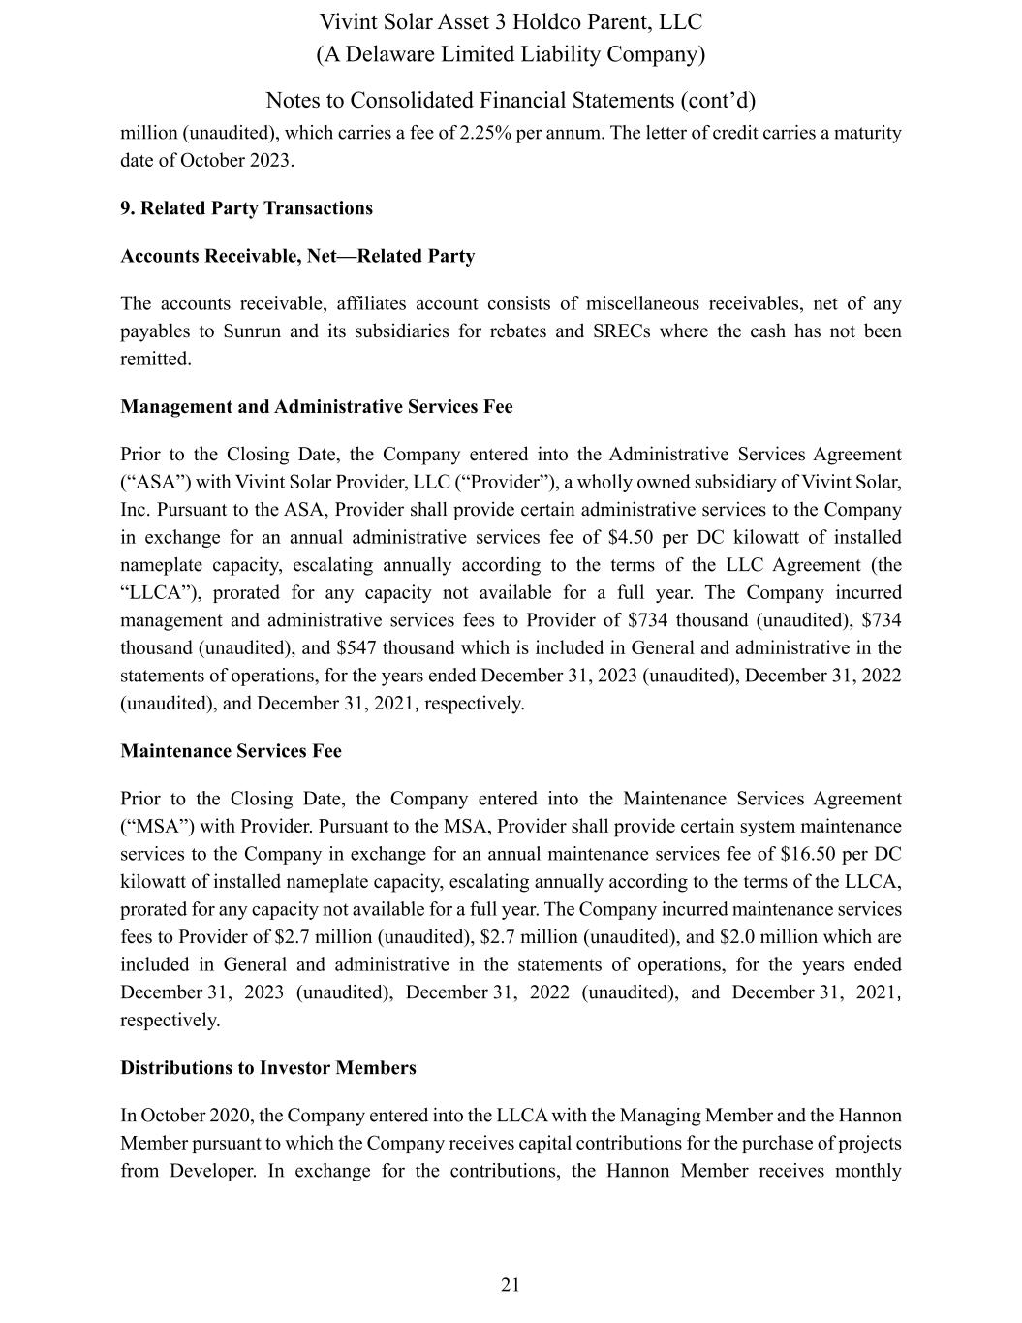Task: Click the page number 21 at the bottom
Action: [511, 1285]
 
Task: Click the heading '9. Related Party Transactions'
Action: [246, 208]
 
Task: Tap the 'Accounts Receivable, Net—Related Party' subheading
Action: [297, 256]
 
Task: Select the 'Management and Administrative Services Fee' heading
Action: [316, 407]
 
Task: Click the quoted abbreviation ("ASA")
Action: [149, 483]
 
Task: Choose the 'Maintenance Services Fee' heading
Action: [231, 751]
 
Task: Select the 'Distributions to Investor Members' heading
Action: [268, 1068]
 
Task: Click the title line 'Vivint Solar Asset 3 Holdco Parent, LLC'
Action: [511, 22]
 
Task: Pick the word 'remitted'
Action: [155, 360]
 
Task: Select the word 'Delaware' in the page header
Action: [395, 54]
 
